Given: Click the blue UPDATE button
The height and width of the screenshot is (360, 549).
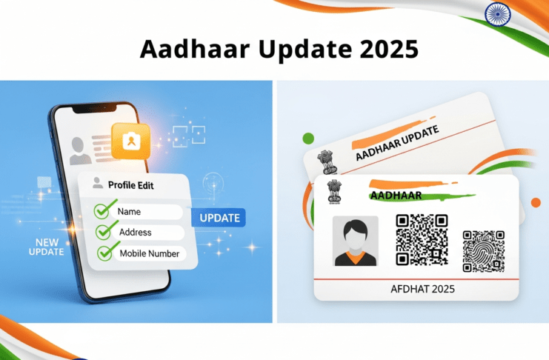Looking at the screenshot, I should tap(217, 217).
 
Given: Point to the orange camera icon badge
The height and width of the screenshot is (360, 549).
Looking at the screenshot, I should tap(130, 141).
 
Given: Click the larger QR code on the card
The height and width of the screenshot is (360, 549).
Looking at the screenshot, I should tap(421, 240).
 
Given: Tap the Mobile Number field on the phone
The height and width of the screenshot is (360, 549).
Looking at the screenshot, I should tap(148, 254).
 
